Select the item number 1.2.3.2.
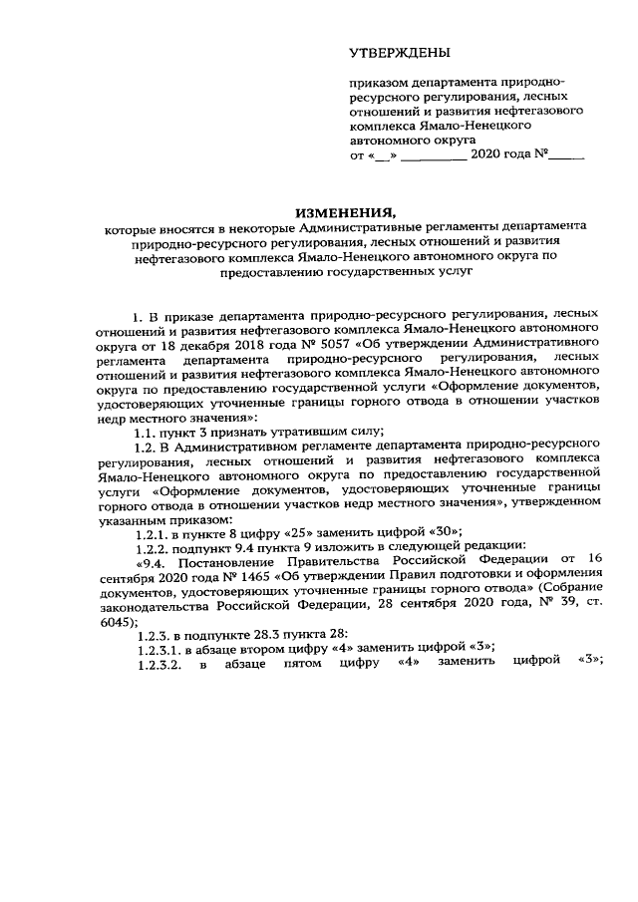tap(160, 641)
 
